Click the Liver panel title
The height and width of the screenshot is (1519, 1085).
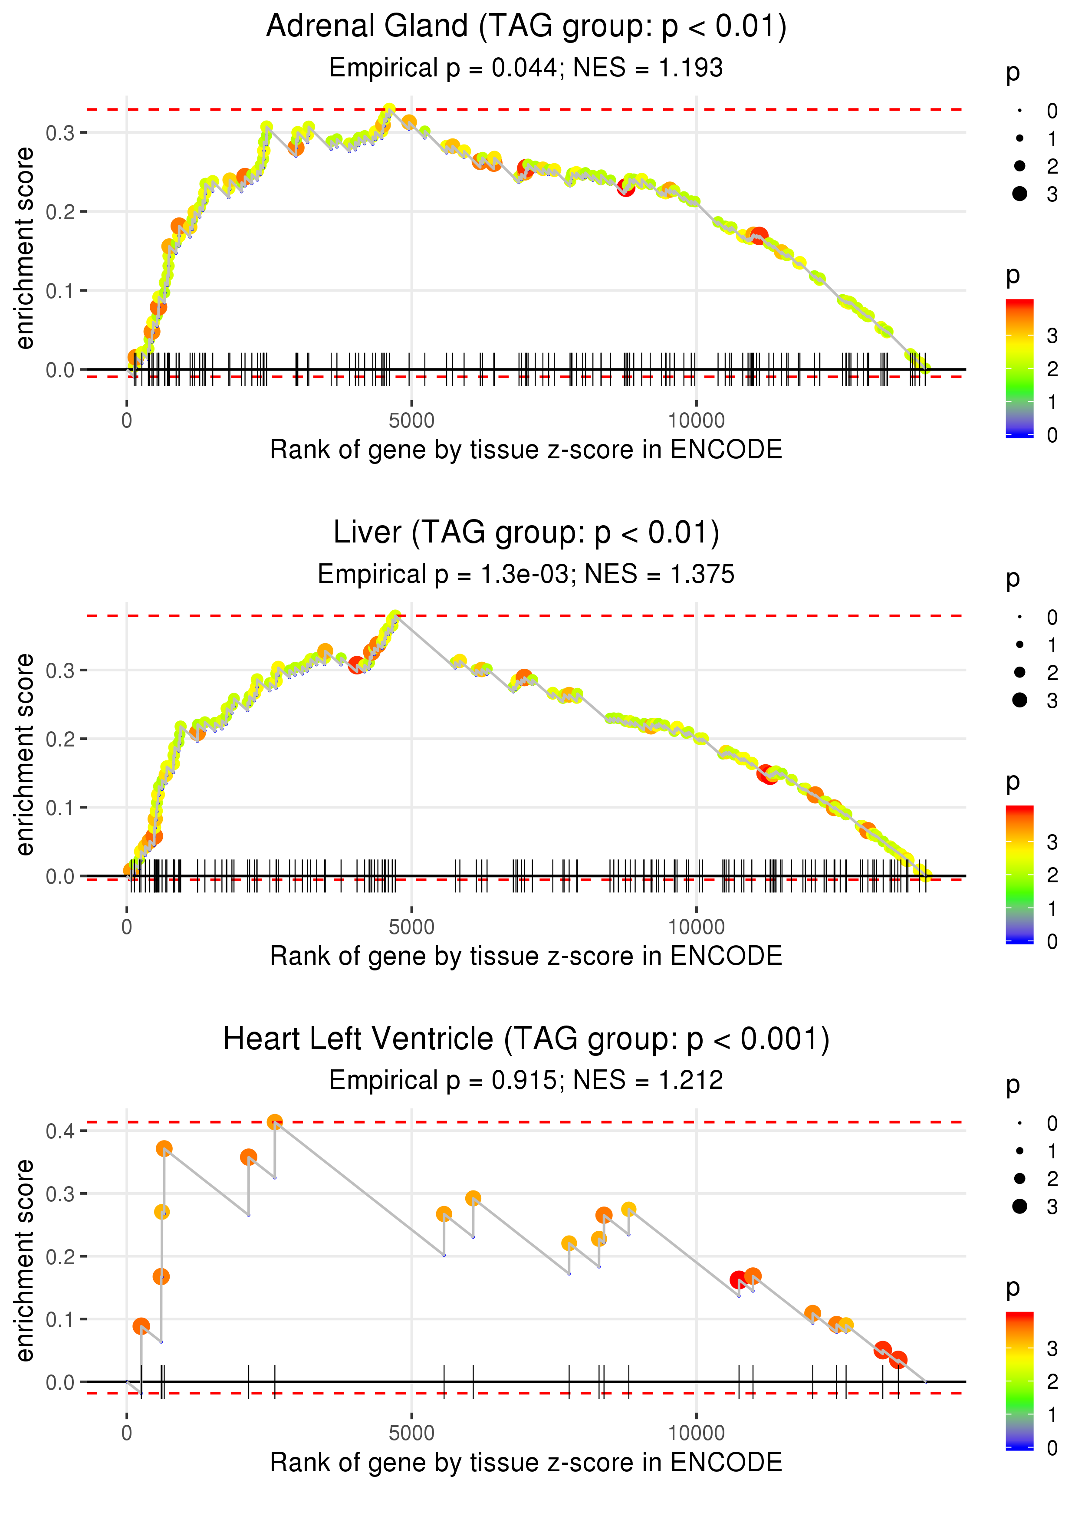point(526,533)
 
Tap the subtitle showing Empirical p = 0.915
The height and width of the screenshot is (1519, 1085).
point(526,1081)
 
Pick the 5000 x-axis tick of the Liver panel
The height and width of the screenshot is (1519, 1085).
point(411,927)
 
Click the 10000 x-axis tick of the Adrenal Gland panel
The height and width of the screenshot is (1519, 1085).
point(696,421)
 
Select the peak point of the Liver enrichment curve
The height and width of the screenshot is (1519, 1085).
point(395,616)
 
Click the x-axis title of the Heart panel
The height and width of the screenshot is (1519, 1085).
point(526,1462)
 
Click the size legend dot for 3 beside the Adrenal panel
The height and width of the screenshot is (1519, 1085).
point(1019,194)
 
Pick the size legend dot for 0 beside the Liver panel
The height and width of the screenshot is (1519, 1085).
point(1019,617)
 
